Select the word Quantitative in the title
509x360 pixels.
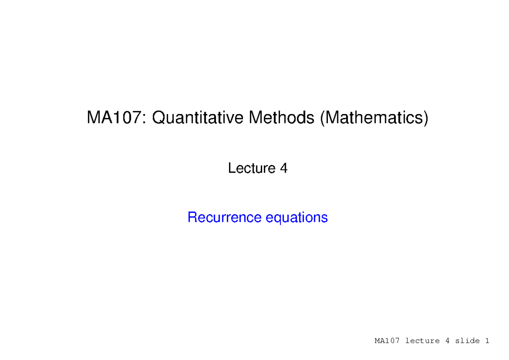(x=198, y=118)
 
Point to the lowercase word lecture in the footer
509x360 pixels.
(x=422, y=341)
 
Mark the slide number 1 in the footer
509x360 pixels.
(x=487, y=341)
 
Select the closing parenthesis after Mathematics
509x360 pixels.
(x=425, y=118)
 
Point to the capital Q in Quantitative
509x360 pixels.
(x=158, y=118)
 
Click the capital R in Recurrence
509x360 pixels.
(x=192, y=218)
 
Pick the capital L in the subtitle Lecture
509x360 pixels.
(x=231, y=168)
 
